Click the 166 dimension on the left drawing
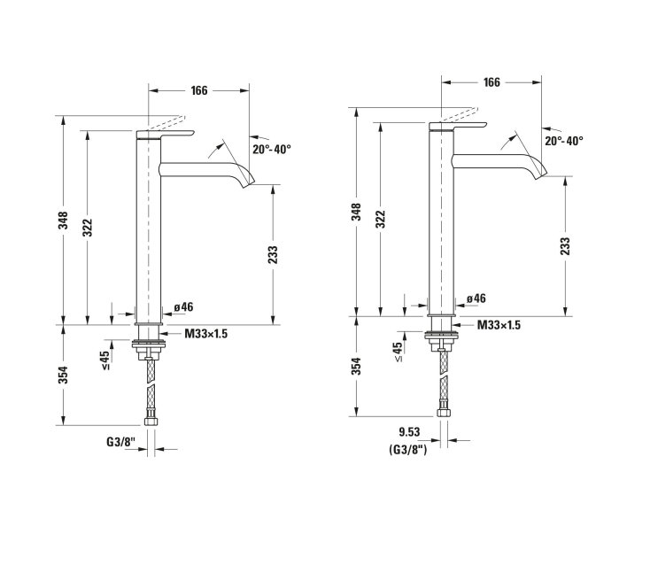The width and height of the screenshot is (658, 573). click(199, 90)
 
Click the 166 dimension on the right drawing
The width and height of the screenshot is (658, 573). click(492, 81)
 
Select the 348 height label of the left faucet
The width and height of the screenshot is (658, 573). click(63, 221)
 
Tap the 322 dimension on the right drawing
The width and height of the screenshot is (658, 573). click(380, 219)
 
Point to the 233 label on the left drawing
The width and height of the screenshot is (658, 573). click(273, 255)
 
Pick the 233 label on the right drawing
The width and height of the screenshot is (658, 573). click(565, 246)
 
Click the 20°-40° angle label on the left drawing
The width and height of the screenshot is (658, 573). click(272, 149)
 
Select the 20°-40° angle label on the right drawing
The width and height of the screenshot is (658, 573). click(564, 141)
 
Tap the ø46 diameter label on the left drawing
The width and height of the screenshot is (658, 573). click(184, 306)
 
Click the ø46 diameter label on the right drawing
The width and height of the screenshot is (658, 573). click(476, 298)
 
